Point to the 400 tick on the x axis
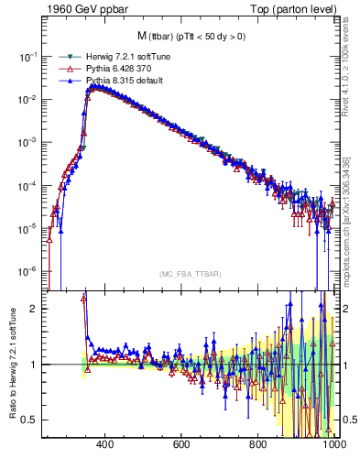point(104,444)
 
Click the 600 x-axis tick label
point(181,444)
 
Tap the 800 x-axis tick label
point(258,444)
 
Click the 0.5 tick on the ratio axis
point(31,420)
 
